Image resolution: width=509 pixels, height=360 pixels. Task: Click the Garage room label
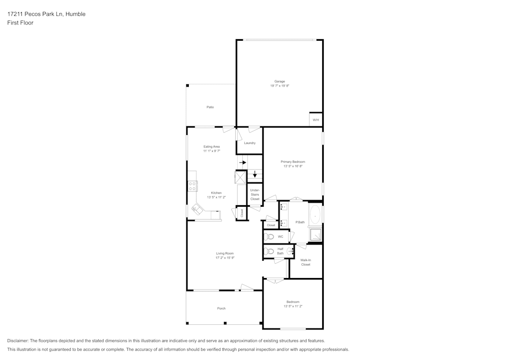click(279, 81)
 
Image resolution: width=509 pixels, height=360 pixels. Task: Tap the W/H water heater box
click(316, 120)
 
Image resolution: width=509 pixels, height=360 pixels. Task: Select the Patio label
click(210, 107)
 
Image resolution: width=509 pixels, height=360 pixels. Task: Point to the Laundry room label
click(249, 143)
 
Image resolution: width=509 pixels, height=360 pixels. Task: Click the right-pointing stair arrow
click(243, 163)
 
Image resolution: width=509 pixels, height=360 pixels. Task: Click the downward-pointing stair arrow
click(255, 174)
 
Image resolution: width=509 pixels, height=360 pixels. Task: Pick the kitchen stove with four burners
click(192, 186)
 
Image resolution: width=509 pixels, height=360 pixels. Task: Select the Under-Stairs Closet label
click(254, 195)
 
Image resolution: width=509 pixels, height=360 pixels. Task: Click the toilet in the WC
click(270, 237)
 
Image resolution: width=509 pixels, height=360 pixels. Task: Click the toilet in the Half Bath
click(270, 252)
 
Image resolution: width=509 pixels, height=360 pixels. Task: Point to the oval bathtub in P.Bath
click(316, 214)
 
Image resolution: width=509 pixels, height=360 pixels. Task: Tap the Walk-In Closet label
click(305, 262)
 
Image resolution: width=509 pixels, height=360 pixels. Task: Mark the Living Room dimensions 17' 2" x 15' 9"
click(224, 258)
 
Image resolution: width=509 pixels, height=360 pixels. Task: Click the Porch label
click(221, 309)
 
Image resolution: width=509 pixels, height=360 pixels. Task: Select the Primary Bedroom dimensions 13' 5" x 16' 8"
click(293, 166)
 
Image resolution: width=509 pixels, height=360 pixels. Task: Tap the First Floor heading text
click(20, 23)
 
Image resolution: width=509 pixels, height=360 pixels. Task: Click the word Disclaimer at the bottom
click(18, 341)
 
